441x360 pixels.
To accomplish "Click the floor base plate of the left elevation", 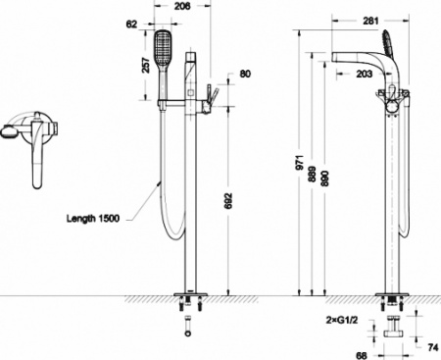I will coord(188,294).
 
